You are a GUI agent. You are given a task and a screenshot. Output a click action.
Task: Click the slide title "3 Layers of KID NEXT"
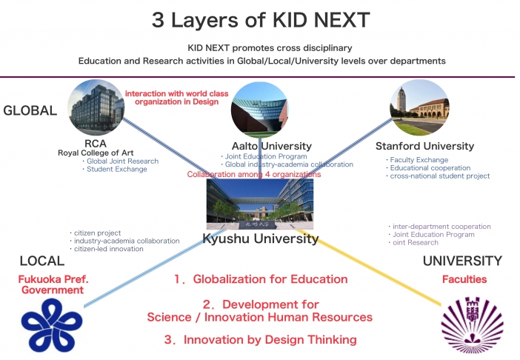[261, 19]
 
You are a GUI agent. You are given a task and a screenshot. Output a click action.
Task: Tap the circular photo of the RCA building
[96, 107]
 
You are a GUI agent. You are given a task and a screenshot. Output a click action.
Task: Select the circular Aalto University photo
[259, 110]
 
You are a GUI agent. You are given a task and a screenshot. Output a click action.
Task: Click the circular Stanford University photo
[419, 107]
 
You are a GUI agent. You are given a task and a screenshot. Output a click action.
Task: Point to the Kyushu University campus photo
[260, 204]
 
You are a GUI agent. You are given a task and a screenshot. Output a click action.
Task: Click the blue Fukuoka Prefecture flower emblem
[52, 325]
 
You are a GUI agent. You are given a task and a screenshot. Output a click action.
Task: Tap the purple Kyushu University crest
[473, 325]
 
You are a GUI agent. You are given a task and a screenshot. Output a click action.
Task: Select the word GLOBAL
[30, 110]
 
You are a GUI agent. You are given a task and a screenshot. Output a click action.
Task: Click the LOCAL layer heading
[42, 261]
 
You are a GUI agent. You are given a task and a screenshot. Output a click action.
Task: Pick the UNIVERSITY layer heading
[462, 261]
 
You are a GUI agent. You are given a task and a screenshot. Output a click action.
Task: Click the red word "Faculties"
[464, 279]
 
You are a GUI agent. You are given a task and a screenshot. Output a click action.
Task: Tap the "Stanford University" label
[425, 146]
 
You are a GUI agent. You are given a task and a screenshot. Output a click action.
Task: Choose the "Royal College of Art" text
[96, 153]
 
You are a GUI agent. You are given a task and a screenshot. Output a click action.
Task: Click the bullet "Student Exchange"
[117, 169]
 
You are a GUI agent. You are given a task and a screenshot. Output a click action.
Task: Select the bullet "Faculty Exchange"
[419, 160]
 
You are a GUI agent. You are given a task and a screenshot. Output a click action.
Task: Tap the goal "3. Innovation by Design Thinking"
[261, 340]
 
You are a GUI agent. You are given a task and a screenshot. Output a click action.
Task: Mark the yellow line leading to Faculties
[369, 267]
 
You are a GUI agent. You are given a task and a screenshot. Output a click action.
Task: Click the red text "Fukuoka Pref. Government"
[53, 284]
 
